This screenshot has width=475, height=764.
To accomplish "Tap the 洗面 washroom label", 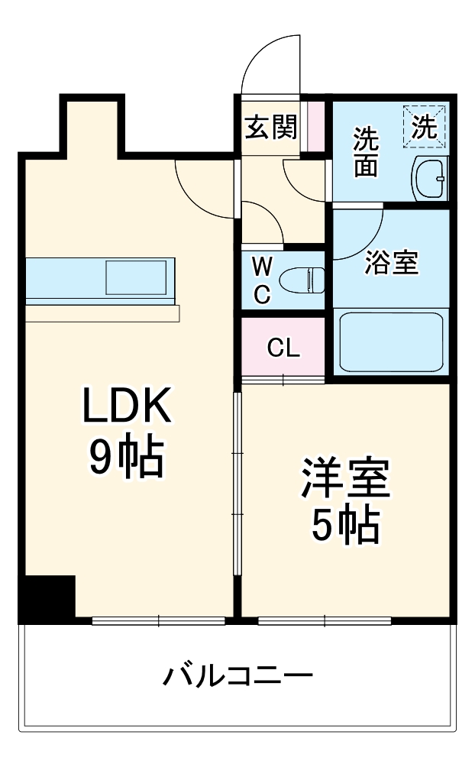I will point(365,151).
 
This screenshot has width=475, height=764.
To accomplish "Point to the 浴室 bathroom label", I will point(391,264).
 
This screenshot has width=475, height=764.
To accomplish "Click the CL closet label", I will point(283,348).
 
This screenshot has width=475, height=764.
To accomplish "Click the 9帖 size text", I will point(126,457).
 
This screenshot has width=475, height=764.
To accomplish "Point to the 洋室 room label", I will point(345,480).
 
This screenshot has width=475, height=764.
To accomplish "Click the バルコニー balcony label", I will point(237,676).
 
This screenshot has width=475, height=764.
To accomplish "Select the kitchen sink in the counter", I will point(135,277).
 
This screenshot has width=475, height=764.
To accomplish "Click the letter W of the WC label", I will point(262,267).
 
